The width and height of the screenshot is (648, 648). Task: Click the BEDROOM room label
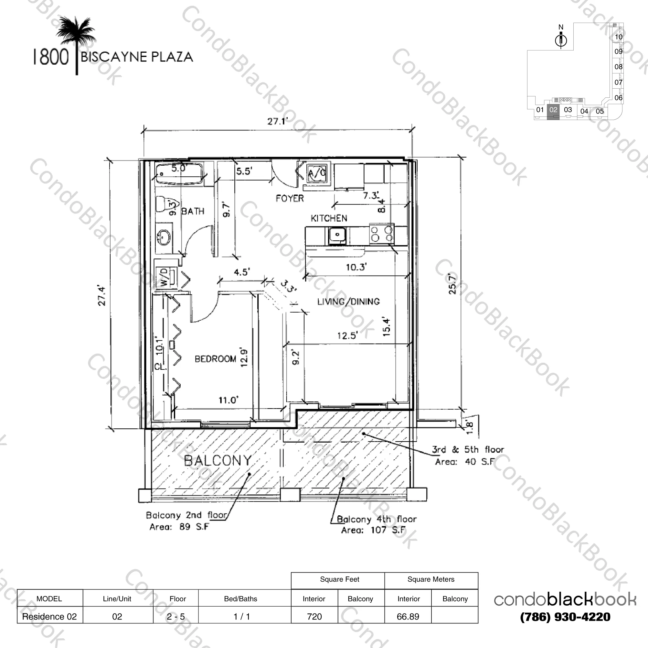tap(215, 359)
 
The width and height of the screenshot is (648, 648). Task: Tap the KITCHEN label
tap(329, 218)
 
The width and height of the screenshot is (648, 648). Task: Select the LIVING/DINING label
tap(348, 302)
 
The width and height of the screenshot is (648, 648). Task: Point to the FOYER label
tap(290, 198)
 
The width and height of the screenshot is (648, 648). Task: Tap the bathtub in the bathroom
tap(179, 174)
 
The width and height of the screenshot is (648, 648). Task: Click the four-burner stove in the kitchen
tap(382, 234)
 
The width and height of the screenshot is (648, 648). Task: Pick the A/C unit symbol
tap(317, 174)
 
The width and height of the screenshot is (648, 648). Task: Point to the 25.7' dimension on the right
tap(452, 284)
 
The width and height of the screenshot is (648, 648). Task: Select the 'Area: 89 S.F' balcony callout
tap(179, 527)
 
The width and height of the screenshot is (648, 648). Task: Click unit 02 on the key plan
tap(553, 110)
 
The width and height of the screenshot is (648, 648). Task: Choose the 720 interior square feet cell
tap(314, 616)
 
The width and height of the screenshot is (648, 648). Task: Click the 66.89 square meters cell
tap(408, 616)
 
